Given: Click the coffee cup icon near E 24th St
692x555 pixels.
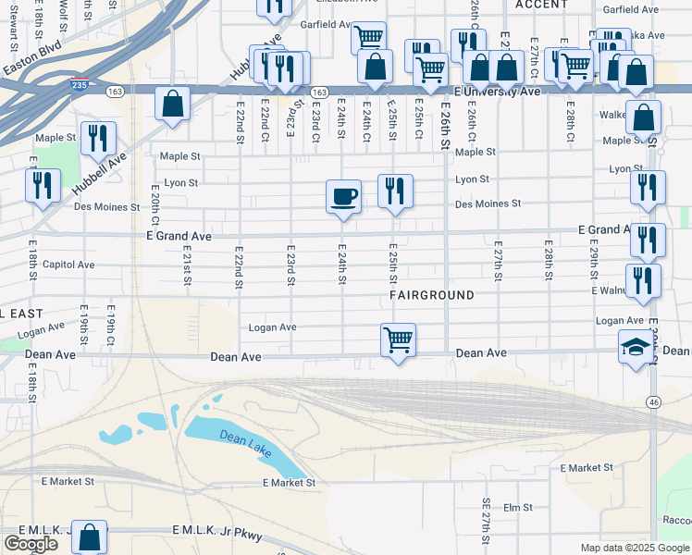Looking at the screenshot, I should click(x=343, y=196).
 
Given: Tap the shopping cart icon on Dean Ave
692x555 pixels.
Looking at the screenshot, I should click(x=398, y=339).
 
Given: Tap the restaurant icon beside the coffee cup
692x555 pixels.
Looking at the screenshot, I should click(x=395, y=191).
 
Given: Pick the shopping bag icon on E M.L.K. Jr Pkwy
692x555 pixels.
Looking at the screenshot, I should click(x=90, y=536).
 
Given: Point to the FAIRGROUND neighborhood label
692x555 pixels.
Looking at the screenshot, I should click(x=431, y=295).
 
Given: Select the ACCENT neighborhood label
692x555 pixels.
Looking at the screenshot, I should click(x=541, y=5).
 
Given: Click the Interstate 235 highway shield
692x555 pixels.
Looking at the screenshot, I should click(x=80, y=85).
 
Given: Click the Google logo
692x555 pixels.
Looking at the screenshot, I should click(x=31, y=543).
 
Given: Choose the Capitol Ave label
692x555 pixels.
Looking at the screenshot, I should click(x=68, y=264).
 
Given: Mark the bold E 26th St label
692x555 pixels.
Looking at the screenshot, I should click(x=445, y=129).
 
